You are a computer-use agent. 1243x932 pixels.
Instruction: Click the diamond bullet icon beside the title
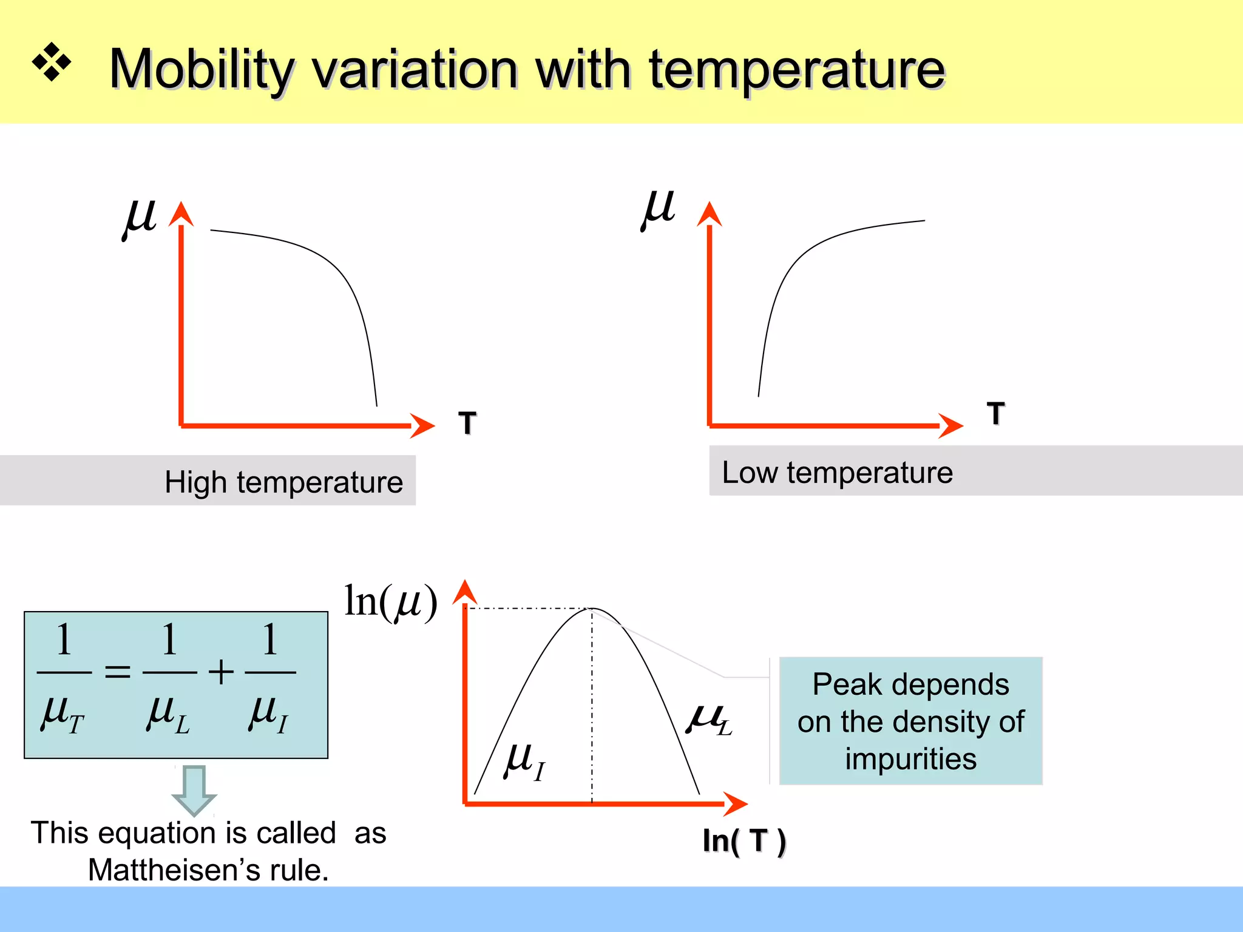tap(52, 62)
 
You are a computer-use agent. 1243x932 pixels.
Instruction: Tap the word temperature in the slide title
tap(797, 70)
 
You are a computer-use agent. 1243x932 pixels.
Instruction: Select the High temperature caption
tap(283, 482)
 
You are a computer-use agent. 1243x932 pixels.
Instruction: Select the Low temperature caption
tap(837, 472)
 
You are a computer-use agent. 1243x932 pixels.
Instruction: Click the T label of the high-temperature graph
tap(467, 422)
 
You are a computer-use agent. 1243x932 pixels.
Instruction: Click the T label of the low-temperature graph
tap(995, 413)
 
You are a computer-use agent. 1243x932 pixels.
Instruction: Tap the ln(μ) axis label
tap(390, 601)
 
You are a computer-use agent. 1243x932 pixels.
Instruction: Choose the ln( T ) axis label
tap(744, 841)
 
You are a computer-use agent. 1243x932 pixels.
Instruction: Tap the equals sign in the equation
tap(117, 672)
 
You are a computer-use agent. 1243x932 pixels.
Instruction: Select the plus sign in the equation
tap(221, 672)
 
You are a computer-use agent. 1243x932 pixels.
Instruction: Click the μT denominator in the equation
tap(63, 714)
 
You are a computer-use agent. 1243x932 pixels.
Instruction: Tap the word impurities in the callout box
tap(910, 759)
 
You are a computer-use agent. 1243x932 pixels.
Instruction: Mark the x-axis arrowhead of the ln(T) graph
tap(736, 804)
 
